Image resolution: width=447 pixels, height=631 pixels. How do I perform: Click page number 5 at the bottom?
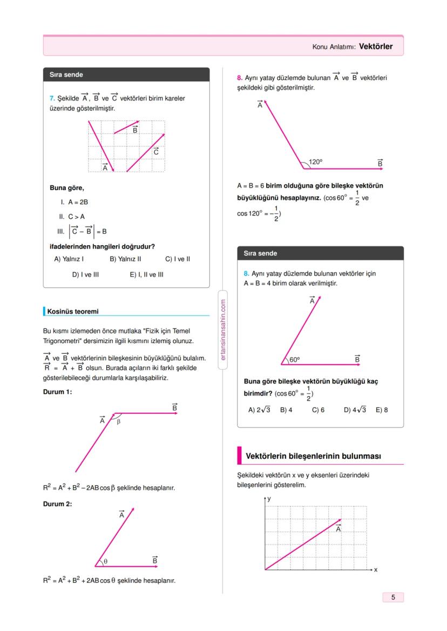[393, 597]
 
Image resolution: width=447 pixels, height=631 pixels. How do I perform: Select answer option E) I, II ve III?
[146, 274]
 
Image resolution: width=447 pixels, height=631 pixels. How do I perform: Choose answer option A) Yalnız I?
[69, 259]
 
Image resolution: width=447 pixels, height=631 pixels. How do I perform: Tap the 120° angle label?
[315, 162]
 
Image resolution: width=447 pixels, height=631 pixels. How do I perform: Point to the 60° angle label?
[294, 359]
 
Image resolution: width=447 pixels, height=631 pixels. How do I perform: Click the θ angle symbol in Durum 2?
[106, 561]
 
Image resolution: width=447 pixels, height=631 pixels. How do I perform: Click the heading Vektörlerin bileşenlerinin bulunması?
[313, 456]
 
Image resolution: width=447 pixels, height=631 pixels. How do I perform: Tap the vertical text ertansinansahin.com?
[223, 330]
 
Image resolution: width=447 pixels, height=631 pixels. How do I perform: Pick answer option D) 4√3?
[355, 410]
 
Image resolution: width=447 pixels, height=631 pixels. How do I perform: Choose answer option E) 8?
[382, 410]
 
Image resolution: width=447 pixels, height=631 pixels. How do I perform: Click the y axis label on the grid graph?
[269, 500]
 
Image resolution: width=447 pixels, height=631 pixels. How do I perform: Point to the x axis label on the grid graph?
[375, 569]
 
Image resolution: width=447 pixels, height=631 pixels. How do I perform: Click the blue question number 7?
[51, 99]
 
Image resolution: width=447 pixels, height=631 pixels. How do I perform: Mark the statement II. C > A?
[71, 216]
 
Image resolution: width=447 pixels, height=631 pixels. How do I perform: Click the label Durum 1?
[57, 392]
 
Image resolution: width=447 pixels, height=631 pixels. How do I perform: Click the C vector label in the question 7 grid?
[155, 152]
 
